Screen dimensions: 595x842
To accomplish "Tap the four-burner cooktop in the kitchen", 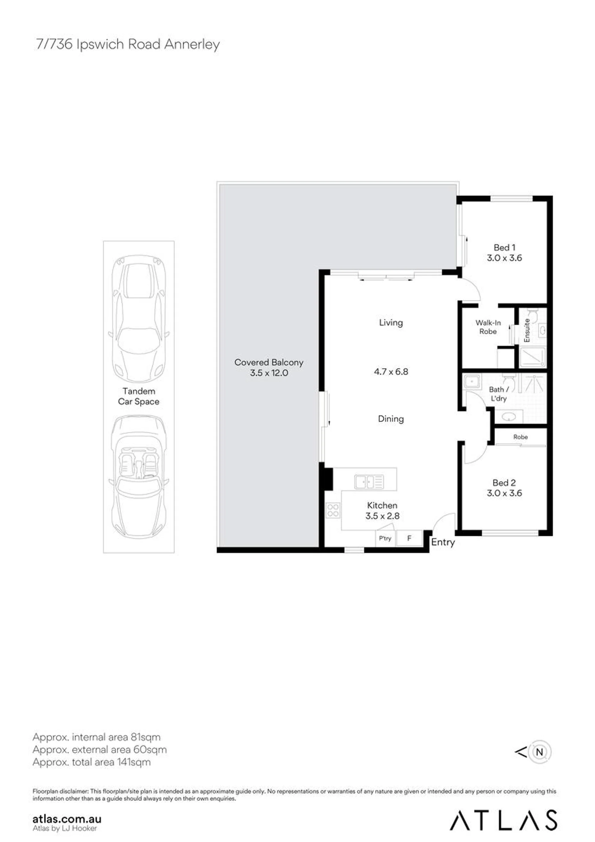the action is point(333,510).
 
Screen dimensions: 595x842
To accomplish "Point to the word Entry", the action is point(443,543).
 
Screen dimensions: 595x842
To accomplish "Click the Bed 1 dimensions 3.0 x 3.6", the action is point(504,258).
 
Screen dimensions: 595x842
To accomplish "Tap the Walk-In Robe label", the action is point(488,327).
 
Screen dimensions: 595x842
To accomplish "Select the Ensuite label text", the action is point(527,330).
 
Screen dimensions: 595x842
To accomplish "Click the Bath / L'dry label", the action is point(499,394).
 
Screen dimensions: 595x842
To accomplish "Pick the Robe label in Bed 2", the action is point(521,437).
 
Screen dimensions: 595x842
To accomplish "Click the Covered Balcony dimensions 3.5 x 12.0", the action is point(269,373).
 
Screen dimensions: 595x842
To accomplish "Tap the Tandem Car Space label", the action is point(139,396).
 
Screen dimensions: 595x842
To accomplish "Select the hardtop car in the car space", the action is point(139,319).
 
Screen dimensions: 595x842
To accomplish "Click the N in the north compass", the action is point(539,752).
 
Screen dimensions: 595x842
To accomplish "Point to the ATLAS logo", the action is point(504,820).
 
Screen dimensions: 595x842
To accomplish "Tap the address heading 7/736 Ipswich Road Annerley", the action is point(128,44).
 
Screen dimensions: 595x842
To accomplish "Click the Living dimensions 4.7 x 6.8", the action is point(391,371).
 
